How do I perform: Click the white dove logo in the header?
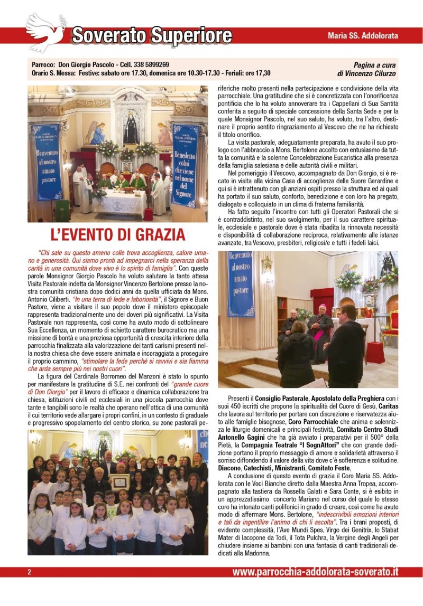tap(46, 32)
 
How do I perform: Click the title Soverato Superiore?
tap(152, 35)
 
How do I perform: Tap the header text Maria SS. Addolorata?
tap(362, 36)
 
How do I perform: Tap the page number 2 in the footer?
tap(30, 572)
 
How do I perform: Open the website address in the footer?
tap(315, 572)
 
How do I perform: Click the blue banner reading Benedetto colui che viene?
tap(185, 165)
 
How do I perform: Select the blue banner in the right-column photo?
tap(241, 283)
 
